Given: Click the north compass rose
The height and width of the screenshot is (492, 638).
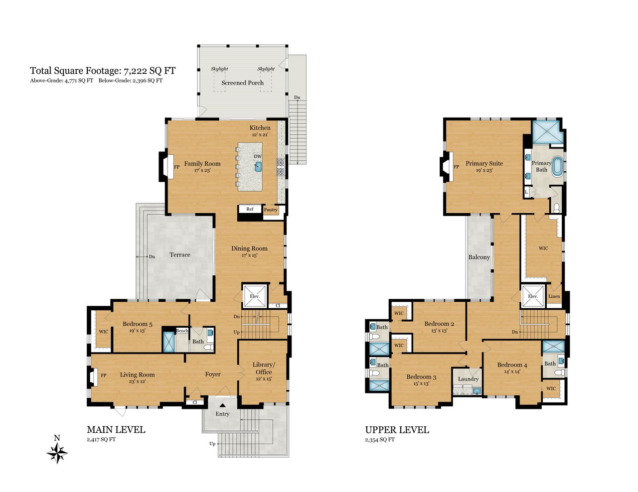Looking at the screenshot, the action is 57,453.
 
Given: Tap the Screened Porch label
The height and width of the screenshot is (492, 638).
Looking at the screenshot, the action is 243,83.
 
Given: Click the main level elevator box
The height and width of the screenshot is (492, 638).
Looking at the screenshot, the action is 255,296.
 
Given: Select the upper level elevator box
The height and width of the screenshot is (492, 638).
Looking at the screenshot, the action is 533,296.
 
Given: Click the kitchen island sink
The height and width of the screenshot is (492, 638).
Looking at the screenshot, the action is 258,166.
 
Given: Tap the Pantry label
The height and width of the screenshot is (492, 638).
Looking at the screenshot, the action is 271,210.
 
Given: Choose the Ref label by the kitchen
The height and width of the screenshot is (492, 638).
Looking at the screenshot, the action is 250,209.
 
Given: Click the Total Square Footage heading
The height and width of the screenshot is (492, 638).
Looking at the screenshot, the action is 103,71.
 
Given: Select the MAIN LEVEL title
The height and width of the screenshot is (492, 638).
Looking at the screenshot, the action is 116,430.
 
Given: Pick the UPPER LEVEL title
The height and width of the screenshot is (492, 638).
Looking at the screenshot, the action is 397,430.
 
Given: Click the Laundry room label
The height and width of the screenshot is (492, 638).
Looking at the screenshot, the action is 469,379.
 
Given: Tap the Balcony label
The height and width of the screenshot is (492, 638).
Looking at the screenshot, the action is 479,257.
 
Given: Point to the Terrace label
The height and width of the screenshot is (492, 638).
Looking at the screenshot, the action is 180,254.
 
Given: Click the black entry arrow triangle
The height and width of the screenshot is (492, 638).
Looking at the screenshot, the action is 223,405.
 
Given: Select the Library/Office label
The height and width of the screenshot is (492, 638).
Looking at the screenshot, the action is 264,369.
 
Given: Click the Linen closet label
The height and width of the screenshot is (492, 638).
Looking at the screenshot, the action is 554,296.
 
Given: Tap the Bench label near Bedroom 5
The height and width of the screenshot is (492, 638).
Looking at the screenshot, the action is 182,331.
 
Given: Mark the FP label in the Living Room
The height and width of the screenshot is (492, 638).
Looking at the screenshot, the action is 103,375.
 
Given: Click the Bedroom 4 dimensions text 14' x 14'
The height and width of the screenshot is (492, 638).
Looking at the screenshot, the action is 512,371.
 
